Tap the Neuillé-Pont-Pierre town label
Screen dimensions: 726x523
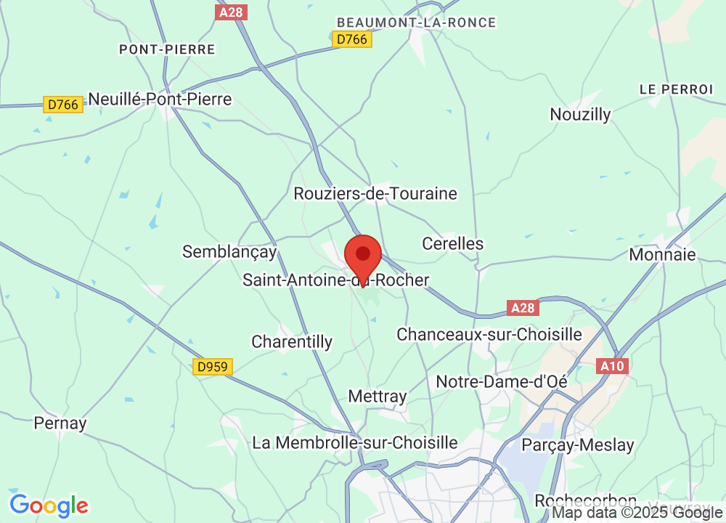click(160, 100)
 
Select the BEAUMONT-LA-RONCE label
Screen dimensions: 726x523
click(417, 23)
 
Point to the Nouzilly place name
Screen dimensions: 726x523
click(580, 114)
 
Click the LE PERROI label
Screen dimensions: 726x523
click(676, 89)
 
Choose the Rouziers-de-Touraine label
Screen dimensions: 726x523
click(375, 193)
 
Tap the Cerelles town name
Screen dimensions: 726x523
click(453, 243)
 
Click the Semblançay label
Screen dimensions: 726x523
click(229, 251)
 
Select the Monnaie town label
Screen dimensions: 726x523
click(662, 254)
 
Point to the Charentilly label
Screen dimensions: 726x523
click(292, 341)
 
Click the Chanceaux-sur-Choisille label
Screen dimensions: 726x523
click(489, 334)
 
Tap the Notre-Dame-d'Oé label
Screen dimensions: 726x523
click(501, 381)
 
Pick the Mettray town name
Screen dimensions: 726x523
click(377, 396)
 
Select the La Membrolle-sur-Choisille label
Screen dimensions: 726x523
click(355, 442)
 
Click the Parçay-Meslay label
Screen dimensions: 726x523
click(578, 445)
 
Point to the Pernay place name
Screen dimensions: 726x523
click(60, 423)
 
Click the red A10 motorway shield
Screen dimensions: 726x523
click(612, 366)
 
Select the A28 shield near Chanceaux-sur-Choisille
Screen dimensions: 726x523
click(522, 308)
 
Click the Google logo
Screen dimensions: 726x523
click(49, 505)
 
